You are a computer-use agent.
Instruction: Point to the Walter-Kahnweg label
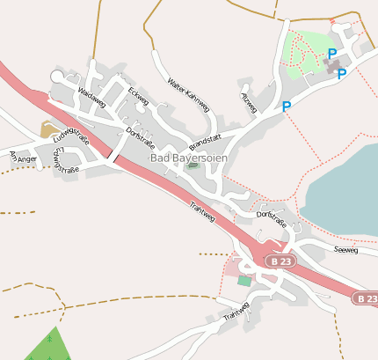(x=189, y=95)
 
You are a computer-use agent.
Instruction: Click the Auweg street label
(x=249, y=102)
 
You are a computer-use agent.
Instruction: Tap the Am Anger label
(x=21, y=158)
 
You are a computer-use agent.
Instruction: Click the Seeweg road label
(x=346, y=250)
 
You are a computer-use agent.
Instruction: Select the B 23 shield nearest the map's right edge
(x=366, y=299)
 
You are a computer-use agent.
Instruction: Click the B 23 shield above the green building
(x=280, y=262)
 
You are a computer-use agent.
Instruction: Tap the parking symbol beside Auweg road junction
(x=287, y=107)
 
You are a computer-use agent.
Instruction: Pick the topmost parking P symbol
(x=331, y=54)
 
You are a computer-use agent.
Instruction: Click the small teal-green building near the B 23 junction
(x=244, y=280)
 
